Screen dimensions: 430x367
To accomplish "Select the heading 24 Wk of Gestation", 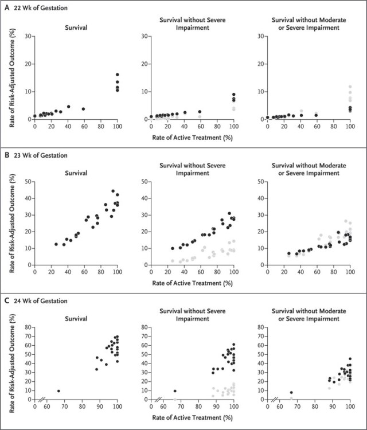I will tap(41, 300).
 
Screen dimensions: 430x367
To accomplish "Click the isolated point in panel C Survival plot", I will tap(58, 391).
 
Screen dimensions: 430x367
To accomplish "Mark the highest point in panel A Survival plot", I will tap(117, 75).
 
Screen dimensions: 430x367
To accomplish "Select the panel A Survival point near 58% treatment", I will tap(83, 109).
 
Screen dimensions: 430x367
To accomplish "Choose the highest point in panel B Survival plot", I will tap(113, 191).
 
